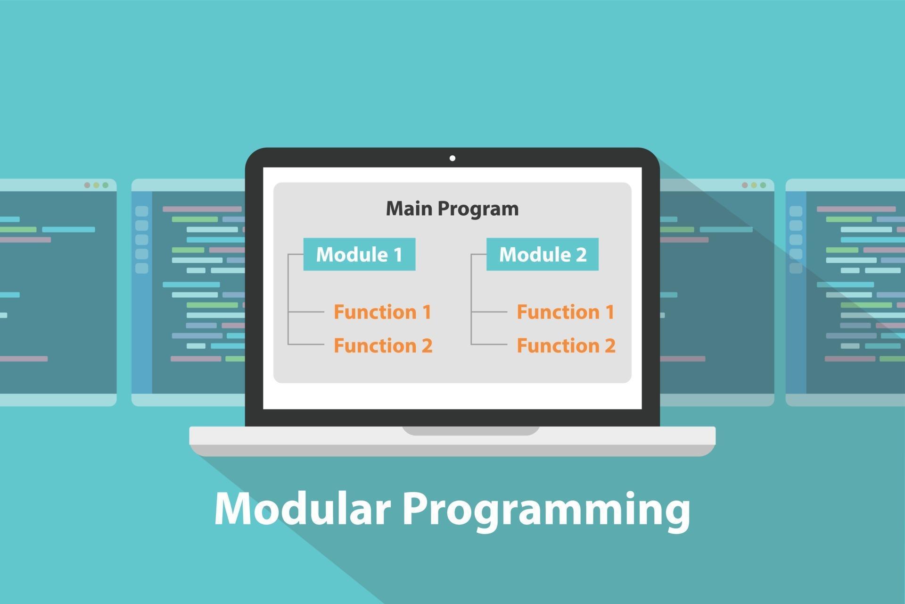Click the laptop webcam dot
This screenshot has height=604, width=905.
tap(452, 158)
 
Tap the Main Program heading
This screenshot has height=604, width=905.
tap(452, 208)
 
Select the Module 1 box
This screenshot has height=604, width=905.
tap(359, 254)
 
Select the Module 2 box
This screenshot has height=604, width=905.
tap(542, 254)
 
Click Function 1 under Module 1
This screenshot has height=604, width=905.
tap(382, 312)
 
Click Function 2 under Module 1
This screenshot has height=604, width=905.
tap(383, 345)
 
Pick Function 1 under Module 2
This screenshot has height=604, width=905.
tap(565, 312)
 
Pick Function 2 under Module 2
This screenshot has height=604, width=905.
tap(566, 345)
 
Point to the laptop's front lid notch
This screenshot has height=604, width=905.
tap(471, 430)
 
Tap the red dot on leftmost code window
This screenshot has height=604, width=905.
tap(87, 185)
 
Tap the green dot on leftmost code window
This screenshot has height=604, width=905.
tap(106, 185)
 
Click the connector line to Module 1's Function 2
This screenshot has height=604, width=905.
tap(305, 344)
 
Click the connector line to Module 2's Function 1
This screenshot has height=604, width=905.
tap(489, 312)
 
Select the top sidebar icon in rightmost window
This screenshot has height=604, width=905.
tap(796, 211)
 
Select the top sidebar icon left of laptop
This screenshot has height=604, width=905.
tap(141, 211)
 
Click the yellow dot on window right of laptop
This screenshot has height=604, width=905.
tap(754, 185)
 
